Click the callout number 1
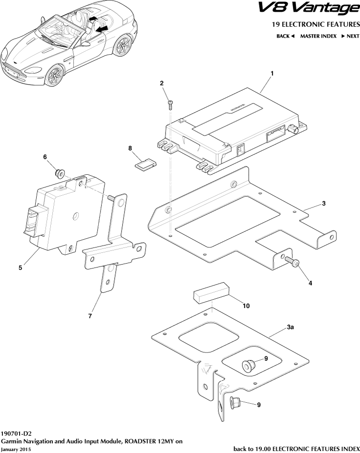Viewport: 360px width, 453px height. click(x=272, y=74)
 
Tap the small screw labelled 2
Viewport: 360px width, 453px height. click(x=170, y=105)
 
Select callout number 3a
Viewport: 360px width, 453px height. click(x=290, y=327)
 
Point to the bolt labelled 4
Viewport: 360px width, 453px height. click(x=292, y=262)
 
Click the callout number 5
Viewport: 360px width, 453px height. click(x=20, y=268)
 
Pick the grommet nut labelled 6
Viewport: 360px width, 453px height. click(x=60, y=174)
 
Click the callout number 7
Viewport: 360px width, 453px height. click(x=90, y=316)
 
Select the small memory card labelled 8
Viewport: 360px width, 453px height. click(x=146, y=164)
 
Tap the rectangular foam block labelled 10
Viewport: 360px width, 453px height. click(x=211, y=293)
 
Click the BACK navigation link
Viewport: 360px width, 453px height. click(x=285, y=36)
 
